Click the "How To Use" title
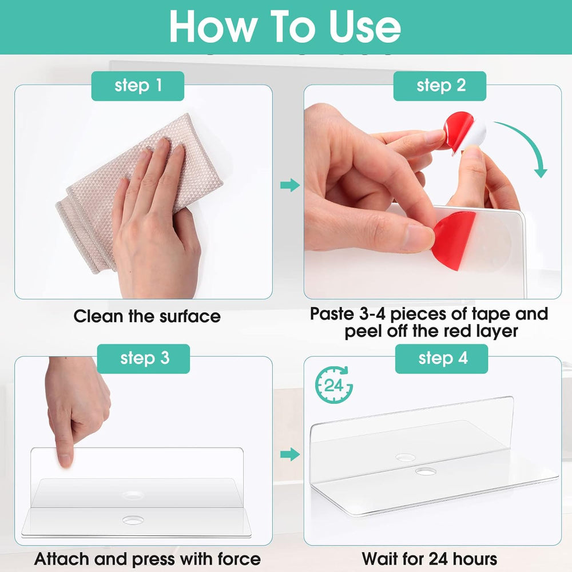point(285,26)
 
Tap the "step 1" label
point(137,86)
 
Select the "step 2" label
point(439,86)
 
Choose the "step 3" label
point(144,359)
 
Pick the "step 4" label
point(442,359)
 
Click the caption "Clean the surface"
point(147,316)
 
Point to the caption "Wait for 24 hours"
point(430,558)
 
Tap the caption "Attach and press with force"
point(148,559)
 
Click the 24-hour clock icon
point(334,385)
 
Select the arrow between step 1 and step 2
point(290,185)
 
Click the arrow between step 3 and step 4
point(290,454)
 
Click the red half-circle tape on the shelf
point(454,240)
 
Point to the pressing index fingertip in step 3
point(65,460)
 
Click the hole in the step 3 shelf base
point(133,521)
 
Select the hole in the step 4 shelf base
point(426,472)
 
